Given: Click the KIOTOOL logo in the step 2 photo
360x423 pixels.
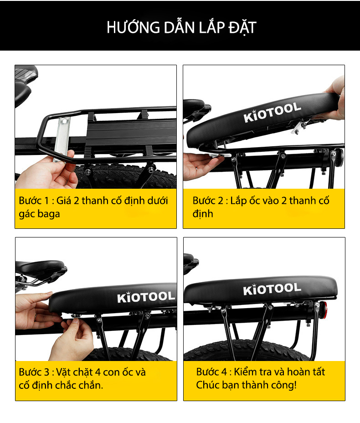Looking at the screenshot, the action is tap(272, 112).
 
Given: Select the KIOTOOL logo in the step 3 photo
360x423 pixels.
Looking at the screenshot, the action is tap(146, 297).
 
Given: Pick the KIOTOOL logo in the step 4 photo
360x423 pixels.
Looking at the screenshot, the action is tap(272, 289).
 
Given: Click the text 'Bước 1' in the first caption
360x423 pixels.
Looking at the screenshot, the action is tap(34, 201).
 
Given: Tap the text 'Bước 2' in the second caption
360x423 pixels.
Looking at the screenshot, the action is tap(208, 201).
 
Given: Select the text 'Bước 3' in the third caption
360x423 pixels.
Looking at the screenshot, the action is tap(34, 372).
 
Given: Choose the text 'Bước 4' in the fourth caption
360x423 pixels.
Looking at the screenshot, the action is tap(211, 372).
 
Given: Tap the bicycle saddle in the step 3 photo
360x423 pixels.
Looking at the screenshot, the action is tap(41, 268).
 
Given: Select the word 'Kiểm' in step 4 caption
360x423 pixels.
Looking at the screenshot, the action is tap(245, 372).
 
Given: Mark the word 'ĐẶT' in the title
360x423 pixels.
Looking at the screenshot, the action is tap(242, 28).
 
